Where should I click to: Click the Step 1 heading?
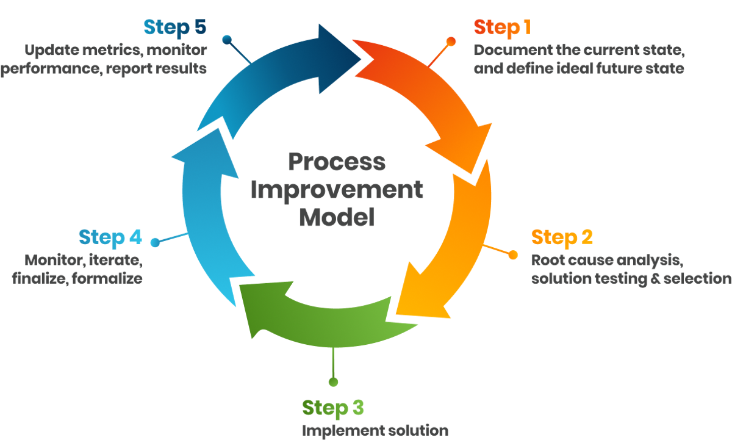pos(502,28)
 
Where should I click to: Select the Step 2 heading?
pos(562,237)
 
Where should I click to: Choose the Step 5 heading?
pos(174,28)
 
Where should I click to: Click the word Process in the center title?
pos(336,162)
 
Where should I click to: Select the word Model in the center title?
pos(336,217)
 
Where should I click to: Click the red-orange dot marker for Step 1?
pos(451,41)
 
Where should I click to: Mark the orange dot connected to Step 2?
pos(513,254)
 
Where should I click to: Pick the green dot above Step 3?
pos(333,382)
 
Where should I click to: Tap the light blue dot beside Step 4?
pos(156,242)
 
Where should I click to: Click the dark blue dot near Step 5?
pos(227,40)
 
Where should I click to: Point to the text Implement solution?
pos(375,430)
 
